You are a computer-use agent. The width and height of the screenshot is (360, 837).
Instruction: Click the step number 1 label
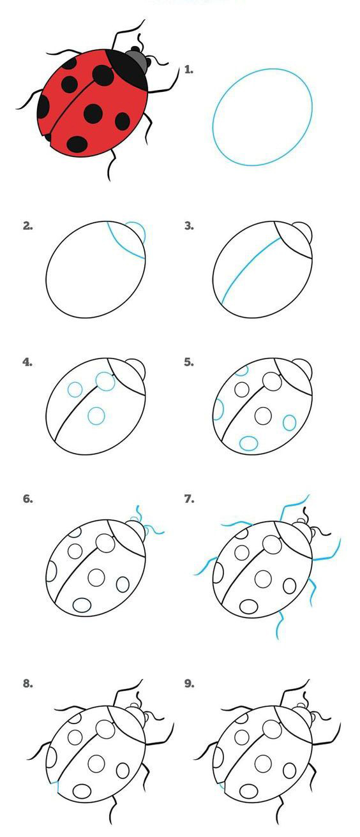pos(189,70)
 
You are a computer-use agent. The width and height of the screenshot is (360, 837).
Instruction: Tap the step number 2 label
pos(27,226)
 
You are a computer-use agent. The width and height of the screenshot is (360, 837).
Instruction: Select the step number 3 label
pos(189,226)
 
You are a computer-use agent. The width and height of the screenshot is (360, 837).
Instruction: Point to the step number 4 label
pos(27,362)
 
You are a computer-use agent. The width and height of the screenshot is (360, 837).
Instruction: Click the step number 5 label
pos(189,362)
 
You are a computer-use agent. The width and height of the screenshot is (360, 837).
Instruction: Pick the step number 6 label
pos(27,499)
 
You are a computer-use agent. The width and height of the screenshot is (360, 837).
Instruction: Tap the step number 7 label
pos(189,499)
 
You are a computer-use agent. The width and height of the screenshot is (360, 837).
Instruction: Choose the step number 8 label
pos(27,683)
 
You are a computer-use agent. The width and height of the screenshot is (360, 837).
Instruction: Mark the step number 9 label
pos(189,683)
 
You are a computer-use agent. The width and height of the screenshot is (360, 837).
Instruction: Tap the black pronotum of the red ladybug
pos(128,69)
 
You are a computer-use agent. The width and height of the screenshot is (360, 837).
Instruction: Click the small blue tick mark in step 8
pos(57,785)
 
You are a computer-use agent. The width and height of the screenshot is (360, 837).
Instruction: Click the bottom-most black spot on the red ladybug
pos(77,144)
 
